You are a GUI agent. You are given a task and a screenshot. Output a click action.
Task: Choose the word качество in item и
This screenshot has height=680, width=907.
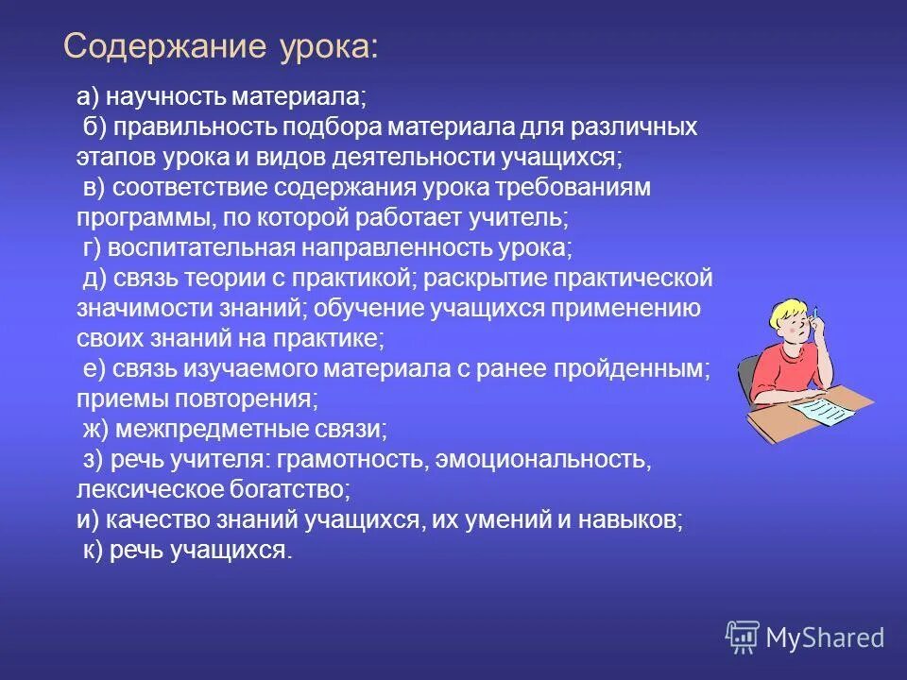pos(155,520)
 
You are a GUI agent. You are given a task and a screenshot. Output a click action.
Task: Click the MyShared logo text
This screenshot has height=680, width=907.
pos(825,638)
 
